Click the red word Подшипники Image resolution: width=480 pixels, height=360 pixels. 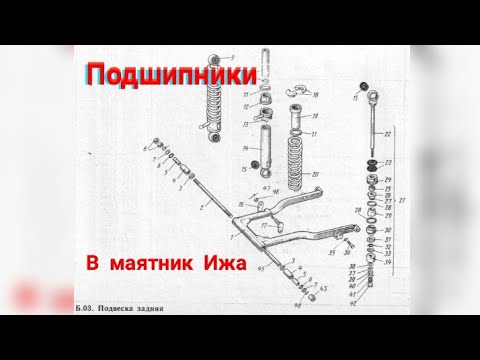point(172,75)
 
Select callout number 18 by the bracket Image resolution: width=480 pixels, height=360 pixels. point(317,96)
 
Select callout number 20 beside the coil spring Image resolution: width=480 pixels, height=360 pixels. point(315,173)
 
